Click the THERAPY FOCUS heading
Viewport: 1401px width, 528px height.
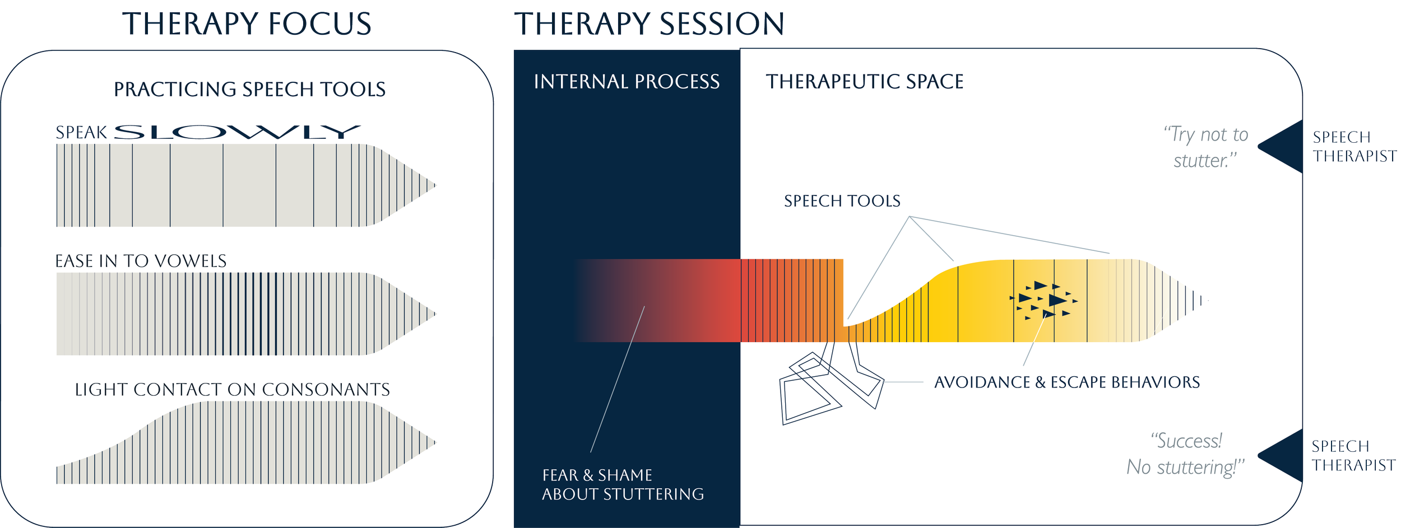click(x=247, y=24)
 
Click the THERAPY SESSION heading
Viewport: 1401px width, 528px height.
click(x=650, y=24)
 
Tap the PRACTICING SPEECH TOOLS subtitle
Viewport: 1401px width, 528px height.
click(x=250, y=89)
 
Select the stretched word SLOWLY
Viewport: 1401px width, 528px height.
click(x=238, y=132)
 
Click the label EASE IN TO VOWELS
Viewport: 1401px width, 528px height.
click(x=141, y=261)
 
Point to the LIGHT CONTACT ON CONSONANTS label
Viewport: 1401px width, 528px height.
click(x=233, y=390)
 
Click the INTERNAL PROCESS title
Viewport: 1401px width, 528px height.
click(x=627, y=82)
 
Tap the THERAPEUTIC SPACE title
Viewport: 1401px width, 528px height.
click(x=865, y=82)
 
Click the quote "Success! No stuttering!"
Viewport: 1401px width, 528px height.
click(x=1186, y=454)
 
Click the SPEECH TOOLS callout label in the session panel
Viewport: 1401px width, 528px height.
click(x=842, y=201)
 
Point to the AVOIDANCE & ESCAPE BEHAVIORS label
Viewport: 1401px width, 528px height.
click(x=1067, y=382)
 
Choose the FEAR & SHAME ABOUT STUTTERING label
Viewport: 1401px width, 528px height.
click(x=623, y=485)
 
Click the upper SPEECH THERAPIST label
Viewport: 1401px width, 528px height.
click(x=1355, y=147)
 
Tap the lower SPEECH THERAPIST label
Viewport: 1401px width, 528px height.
click(x=1354, y=456)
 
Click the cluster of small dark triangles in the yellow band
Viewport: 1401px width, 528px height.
click(x=1043, y=300)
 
